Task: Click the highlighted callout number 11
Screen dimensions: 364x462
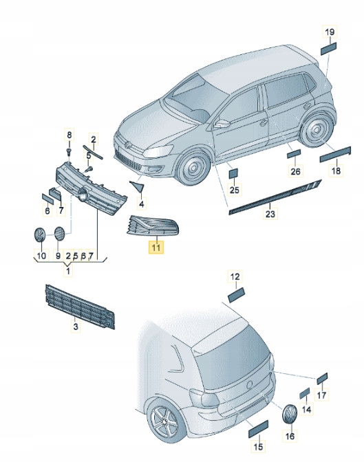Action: tap(156, 247)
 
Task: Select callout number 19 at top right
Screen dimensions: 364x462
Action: tap(330, 32)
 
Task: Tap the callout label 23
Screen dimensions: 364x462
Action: tap(270, 214)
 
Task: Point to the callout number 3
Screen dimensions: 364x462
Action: tap(76, 327)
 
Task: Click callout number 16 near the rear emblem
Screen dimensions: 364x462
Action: tap(290, 436)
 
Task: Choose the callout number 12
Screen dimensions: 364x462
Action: tap(235, 276)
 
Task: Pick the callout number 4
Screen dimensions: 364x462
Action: tap(142, 204)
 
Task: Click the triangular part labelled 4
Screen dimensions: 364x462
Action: tap(138, 186)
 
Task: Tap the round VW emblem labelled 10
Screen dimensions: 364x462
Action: tap(39, 235)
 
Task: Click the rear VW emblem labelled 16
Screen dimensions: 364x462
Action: tap(290, 414)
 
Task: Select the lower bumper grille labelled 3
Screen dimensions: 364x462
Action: tap(80, 307)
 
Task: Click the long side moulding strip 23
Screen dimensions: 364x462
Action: tap(275, 196)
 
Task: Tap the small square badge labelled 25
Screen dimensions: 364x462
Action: tap(234, 173)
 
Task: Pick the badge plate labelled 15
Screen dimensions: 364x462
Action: tap(259, 429)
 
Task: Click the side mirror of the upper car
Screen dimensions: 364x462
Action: tap(222, 124)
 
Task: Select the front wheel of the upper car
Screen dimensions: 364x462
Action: tap(193, 167)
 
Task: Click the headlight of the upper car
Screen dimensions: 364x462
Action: tap(158, 151)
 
